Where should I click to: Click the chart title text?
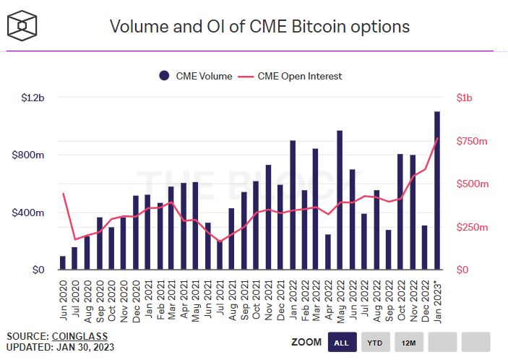pos(259,27)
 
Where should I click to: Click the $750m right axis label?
pos(473,141)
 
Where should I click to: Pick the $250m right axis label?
pos(473,227)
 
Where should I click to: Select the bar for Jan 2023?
pos(438,191)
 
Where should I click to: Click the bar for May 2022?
pos(340,200)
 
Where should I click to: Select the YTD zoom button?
pos(374,341)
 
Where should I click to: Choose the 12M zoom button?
pos(408,341)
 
